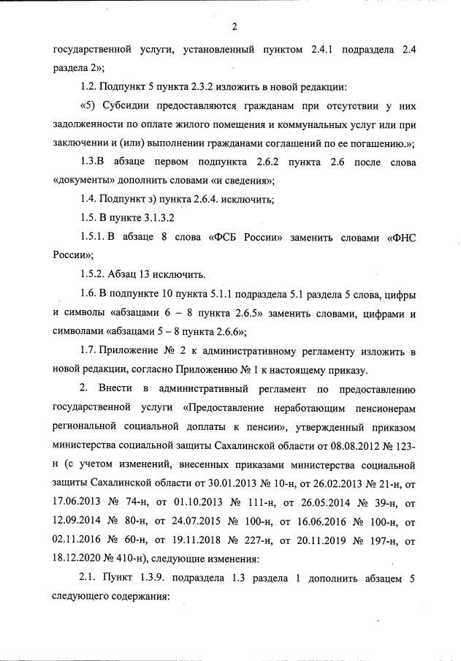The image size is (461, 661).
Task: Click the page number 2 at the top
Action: tap(235, 28)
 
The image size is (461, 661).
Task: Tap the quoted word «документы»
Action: tap(85, 179)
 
